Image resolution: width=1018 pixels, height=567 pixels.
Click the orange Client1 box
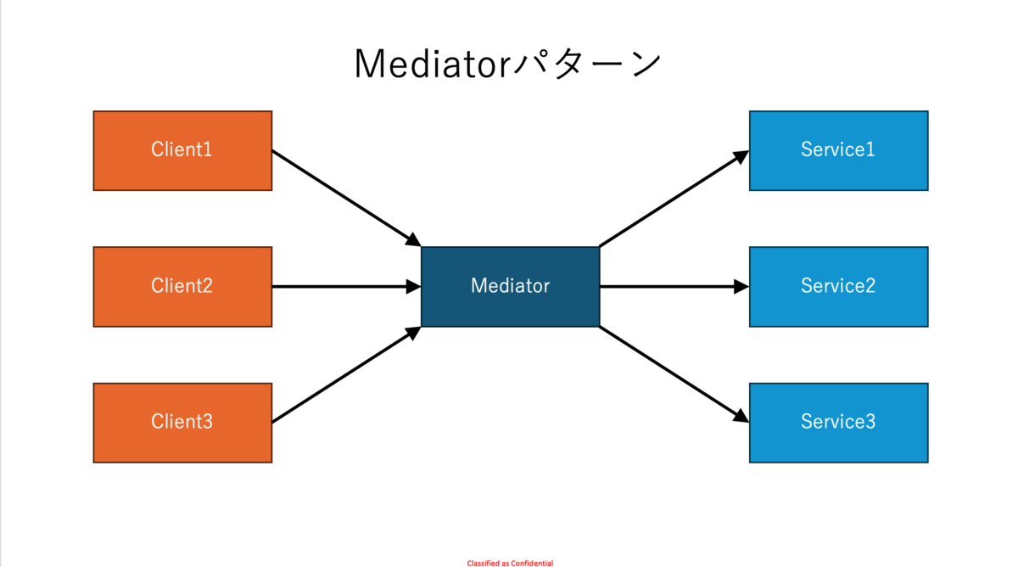click(182, 150)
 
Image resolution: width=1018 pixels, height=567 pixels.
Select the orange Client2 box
click(182, 287)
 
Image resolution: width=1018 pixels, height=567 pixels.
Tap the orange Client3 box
click(182, 423)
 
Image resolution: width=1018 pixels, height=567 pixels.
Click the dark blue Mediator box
click(511, 287)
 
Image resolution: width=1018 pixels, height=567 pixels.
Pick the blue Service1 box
click(838, 150)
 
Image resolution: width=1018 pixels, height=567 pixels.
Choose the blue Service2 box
click(838, 287)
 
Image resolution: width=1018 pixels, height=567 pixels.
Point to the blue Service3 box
click(838, 423)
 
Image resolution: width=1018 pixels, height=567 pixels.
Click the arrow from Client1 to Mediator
click(347, 199)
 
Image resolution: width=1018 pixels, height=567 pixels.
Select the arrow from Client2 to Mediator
click(347, 287)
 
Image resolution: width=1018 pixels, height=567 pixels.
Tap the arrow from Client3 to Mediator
click(347, 374)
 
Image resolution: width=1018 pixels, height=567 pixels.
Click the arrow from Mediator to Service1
click(674, 199)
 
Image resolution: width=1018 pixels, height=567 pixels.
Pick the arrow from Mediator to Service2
click(674, 287)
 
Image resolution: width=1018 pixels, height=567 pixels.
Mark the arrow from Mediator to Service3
click(674, 374)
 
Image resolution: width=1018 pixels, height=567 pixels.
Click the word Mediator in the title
click(433, 65)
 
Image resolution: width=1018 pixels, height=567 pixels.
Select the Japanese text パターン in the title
click(587, 65)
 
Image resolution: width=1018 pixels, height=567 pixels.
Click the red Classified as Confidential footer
click(510, 564)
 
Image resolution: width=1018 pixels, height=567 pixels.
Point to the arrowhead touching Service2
click(741, 287)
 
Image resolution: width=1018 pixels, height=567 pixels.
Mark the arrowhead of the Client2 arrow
click(414, 287)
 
